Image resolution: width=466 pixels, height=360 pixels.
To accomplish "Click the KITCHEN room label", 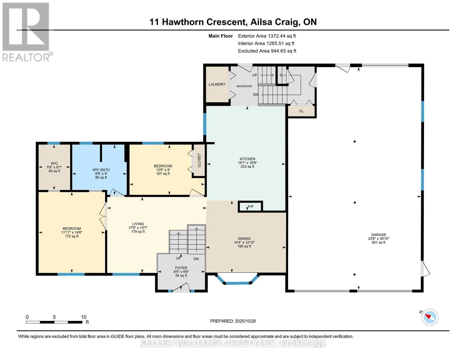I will tap(247, 159).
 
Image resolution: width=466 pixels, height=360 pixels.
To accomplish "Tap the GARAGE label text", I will tap(378, 235).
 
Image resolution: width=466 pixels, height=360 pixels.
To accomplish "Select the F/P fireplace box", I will tap(250, 207).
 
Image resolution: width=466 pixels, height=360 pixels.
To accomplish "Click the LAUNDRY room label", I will tap(217, 85).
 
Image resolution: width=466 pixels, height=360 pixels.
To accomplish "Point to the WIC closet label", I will tap(54, 163).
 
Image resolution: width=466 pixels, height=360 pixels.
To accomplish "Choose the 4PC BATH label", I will tap(101, 170).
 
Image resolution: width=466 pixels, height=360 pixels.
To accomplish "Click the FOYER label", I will tap(181, 268).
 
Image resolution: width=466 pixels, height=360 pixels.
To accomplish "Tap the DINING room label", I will tap(244, 239).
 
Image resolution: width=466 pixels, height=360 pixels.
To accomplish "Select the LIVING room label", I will tap(138, 224).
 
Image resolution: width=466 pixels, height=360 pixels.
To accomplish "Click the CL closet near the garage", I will tap(301, 111).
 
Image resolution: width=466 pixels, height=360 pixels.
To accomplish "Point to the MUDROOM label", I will tap(244, 86).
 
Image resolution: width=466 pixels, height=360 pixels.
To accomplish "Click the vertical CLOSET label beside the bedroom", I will tap(199, 160).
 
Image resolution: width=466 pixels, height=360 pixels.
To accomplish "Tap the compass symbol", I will tap(430, 317).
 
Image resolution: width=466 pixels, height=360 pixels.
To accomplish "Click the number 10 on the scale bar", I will tap(83, 317).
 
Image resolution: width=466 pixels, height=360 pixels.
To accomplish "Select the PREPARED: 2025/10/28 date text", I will tap(233, 321).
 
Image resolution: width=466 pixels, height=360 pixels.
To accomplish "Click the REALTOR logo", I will tap(26, 31).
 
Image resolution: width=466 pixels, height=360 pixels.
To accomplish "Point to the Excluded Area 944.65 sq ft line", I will tap(267, 51).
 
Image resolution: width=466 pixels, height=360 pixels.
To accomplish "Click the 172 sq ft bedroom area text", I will tap(72, 236).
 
